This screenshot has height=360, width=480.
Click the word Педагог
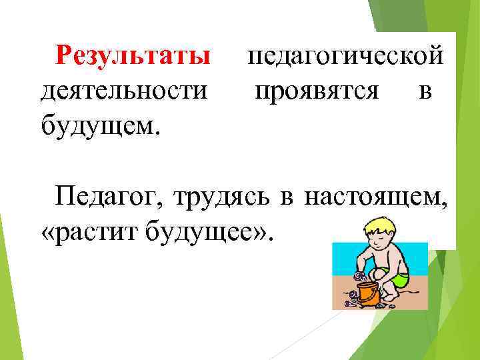pyautogui.click(x=109, y=197)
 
